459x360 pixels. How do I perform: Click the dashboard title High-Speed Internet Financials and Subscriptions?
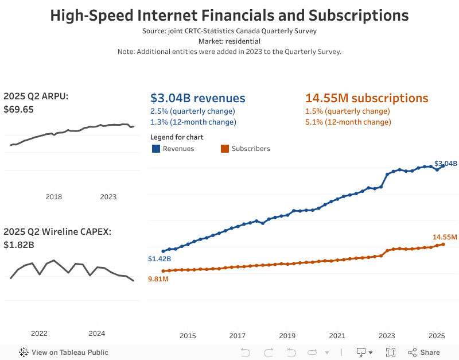tap(229, 16)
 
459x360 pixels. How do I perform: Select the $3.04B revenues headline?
tap(197, 98)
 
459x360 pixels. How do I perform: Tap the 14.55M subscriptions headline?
tap(367, 98)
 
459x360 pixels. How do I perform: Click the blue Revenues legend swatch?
tap(155, 149)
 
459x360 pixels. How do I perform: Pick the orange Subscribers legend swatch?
tap(225, 149)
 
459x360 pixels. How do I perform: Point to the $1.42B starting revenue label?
tap(159, 259)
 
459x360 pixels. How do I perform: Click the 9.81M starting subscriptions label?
tap(158, 279)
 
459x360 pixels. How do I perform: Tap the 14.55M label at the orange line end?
tap(445, 237)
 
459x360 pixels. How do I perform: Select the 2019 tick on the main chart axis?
tap(287, 336)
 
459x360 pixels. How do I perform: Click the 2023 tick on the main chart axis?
tap(387, 336)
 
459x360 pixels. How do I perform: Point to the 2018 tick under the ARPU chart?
tap(53, 197)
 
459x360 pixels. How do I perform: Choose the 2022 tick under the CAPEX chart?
tap(39, 334)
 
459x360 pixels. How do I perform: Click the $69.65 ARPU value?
tap(18, 109)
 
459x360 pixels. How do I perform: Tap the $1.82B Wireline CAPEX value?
tap(19, 245)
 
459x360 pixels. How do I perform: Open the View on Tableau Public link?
tap(64, 353)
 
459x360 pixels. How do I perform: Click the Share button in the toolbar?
tap(424, 353)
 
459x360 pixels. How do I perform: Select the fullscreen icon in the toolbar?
tap(391, 353)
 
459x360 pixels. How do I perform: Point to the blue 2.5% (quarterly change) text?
tap(192, 111)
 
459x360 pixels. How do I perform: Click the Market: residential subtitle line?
tap(229, 41)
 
